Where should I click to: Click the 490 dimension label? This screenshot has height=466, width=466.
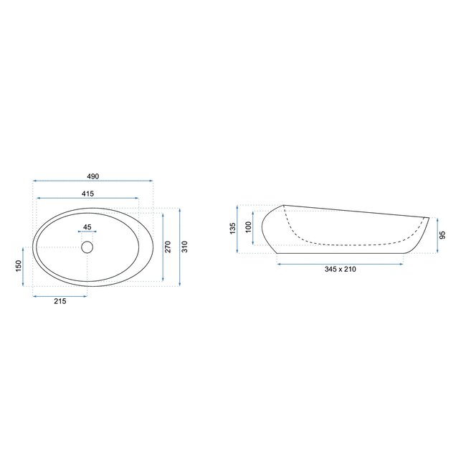tap(92, 176)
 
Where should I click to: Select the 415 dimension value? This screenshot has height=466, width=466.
tap(88, 194)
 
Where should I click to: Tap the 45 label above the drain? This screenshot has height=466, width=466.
tap(87, 227)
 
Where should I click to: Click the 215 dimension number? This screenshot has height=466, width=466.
tap(60, 301)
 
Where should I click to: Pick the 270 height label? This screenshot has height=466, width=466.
tap(168, 247)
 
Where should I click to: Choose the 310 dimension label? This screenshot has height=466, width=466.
tap(184, 247)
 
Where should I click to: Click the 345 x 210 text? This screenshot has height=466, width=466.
tap(341, 269)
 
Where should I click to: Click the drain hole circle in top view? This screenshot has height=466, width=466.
tap(87, 247)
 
